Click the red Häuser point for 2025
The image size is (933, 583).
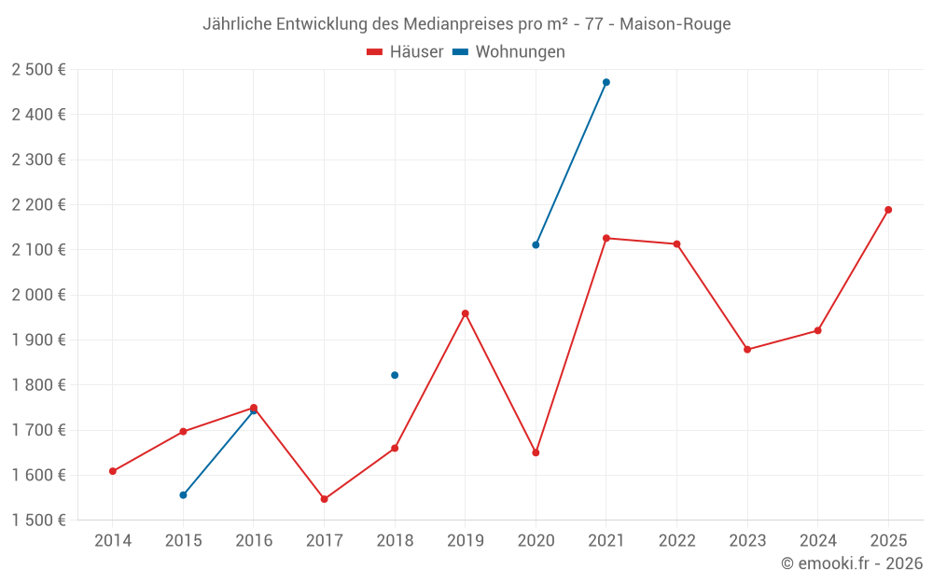click(x=888, y=210)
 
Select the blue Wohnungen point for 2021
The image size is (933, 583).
click(x=606, y=82)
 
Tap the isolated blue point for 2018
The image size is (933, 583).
click(x=395, y=375)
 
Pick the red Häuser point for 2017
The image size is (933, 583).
click(x=325, y=499)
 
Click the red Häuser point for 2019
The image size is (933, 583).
click(x=466, y=313)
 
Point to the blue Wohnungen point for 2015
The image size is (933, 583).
click(x=183, y=495)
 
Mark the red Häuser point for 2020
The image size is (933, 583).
click(x=536, y=452)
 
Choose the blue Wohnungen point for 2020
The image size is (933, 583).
click(x=536, y=245)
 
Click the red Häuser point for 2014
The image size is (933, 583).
click(x=113, y=471)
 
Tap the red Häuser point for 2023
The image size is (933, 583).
click(x=747, y=350)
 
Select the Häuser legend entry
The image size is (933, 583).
click(x=405, y=52)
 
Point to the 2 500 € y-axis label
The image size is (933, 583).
click(x=38, y=70)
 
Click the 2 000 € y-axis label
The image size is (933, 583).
click(x=38, y=295)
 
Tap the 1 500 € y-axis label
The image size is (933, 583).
click(x=38, y=521)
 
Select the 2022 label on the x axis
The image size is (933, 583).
click(x=676, y=541)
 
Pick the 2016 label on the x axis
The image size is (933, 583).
click(x=254, y=541)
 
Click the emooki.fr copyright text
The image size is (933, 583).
click(x=852, y=563)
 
